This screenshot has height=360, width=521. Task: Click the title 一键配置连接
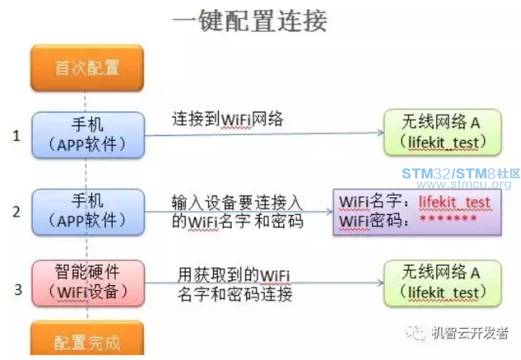(x=249, y=22)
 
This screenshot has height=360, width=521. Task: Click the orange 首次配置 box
(x=87, y=68)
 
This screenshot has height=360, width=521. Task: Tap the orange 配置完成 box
(x=87, y=341)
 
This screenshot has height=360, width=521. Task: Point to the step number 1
(x=17, y=136)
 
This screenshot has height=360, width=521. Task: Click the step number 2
(x=17, y=212)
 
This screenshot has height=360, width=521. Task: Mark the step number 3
(x=18, y=290)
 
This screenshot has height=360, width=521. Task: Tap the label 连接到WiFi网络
(x=227, y=120)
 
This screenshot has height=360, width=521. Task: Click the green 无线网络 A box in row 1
(x=442, y=132)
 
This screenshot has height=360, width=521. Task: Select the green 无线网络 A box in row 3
(x=442, y=283)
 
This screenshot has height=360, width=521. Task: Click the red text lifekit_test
(x=454, y=202)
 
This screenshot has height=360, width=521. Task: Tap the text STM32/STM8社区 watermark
(x=461, y=173)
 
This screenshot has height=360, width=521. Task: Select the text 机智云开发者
(x=470, y=333)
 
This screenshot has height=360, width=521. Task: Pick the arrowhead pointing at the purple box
(x=329, y=211)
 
